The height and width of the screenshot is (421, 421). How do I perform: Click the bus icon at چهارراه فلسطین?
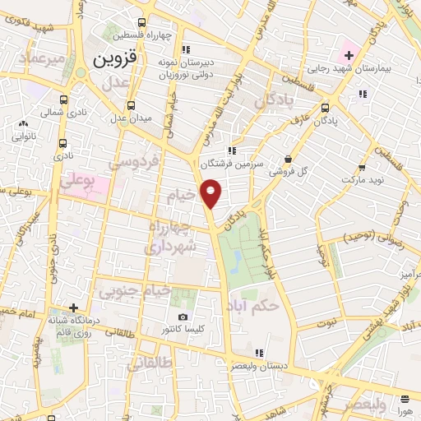pyautogui.click(x=142, y=23)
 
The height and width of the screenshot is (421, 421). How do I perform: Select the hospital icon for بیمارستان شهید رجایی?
pyautogui.click(x=349, y=56)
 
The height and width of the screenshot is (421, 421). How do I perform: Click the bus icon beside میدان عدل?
pyautogui.click(x=131, y=105)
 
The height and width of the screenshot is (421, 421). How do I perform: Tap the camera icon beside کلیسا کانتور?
pyautogui.click(x=183, y=317)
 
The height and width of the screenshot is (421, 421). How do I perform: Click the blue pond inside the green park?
pyautogui.click(x=237, y=262)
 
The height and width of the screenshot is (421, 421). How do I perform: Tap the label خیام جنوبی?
pyautogui.click(x=134, y=290)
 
